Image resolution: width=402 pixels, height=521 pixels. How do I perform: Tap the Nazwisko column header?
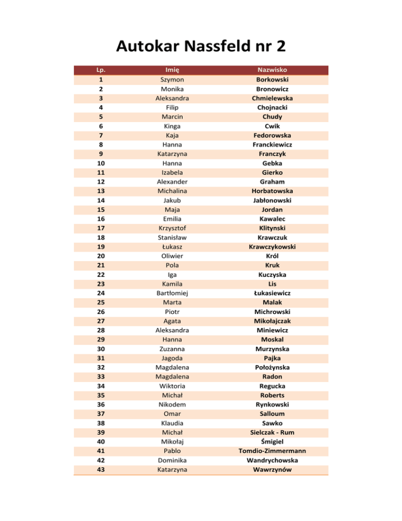[272, 70]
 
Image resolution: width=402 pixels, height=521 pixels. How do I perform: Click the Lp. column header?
[99, 70]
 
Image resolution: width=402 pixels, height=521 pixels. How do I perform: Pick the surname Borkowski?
[272, 80]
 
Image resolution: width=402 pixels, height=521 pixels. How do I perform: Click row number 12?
[99, 182]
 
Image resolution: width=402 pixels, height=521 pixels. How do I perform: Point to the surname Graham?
[272, 182]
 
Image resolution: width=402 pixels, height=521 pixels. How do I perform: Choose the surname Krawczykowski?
[272, 247]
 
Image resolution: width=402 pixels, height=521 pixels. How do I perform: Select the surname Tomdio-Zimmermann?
[272, 451]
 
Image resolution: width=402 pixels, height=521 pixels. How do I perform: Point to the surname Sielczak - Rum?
[272, 432]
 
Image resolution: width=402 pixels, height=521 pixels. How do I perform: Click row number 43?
[99, 470]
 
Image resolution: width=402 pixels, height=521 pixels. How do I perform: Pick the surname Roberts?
[272, 395]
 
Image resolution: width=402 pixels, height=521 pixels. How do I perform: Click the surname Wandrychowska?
[272, 460]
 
